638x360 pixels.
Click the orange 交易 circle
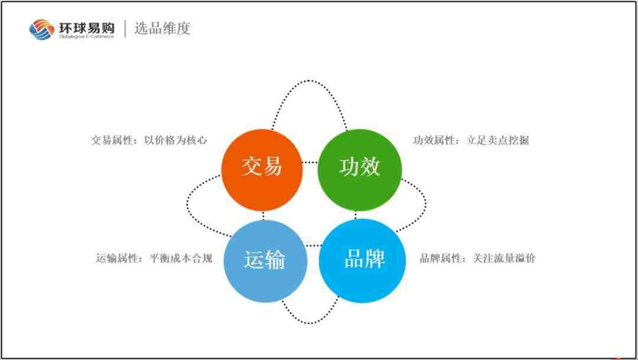[x=262, y=170]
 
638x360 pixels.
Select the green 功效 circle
[x=360, y=170]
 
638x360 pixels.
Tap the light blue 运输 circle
[x=265, y=261]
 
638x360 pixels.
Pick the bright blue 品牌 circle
[x=362, y=261]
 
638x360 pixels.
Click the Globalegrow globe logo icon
[x=41, y=30]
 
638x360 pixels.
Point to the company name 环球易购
[x=87, y=28]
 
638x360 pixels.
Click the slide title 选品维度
[x=162, y=28]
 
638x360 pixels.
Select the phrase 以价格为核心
[x=176, y=140]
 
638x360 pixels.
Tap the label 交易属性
[x=112, y=140]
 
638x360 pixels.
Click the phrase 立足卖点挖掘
[x=497, y=140]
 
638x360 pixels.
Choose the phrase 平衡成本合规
[x=181, y=258]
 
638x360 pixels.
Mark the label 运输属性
[x=117, y=258]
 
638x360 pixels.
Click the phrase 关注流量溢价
[x=504, y=258]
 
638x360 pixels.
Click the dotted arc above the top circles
[x=309, y=80]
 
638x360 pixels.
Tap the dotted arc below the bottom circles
[x=309, y=323]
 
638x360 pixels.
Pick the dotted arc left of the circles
[x=188, y=203]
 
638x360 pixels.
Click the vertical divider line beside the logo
[x=125, y=28]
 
